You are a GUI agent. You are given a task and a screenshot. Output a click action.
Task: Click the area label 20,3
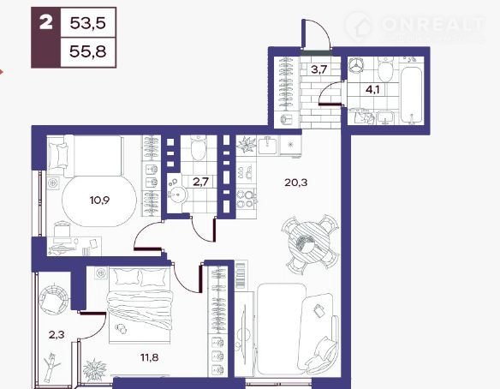[x=295, y=183]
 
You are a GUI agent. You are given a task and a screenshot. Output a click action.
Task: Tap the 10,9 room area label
[x=99, y=200]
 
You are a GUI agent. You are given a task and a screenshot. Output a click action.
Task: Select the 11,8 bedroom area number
[x=149, y=357]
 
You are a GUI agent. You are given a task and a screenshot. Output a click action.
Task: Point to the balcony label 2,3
[x=57, y=335]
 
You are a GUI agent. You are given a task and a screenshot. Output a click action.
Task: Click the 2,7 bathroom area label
[x=200, y=182]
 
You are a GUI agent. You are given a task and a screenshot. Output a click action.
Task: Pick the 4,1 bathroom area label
[x=372, y=89]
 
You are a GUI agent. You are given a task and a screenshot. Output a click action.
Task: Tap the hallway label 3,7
[x=319, y=69]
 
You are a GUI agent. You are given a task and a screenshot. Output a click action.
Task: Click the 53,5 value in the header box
[x=87, y=23]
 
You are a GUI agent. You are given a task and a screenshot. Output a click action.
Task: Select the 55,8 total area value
[x=87, y=51]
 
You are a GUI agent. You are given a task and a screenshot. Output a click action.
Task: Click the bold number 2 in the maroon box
[x=46, y=23]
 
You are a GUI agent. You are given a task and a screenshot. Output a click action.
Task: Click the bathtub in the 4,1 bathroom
[x=411, y=95]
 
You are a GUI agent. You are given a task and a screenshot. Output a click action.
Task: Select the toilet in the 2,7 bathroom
[x=198, y=147]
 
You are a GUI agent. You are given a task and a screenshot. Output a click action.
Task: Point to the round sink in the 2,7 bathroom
[x=176, y=194]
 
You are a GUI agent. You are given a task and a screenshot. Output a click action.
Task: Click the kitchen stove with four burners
[x=247, y=199]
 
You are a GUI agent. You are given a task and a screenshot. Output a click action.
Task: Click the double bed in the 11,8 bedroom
[x=140, y=306]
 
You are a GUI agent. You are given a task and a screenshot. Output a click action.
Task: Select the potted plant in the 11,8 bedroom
[x=95, y=369]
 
